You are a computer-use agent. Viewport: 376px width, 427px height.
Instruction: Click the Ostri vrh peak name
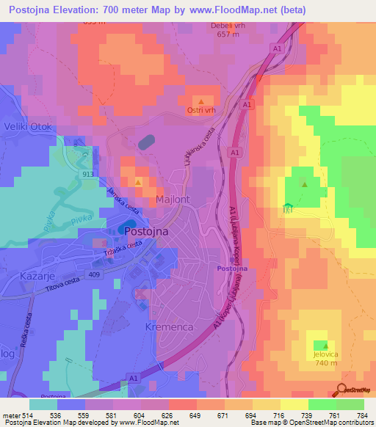click(200, 111)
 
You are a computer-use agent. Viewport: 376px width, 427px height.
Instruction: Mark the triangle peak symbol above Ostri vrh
click(200, 101)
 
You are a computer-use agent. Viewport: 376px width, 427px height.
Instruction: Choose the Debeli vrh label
click(225, 26)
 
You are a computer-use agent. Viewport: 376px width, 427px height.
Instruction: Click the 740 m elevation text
click(320, 363)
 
